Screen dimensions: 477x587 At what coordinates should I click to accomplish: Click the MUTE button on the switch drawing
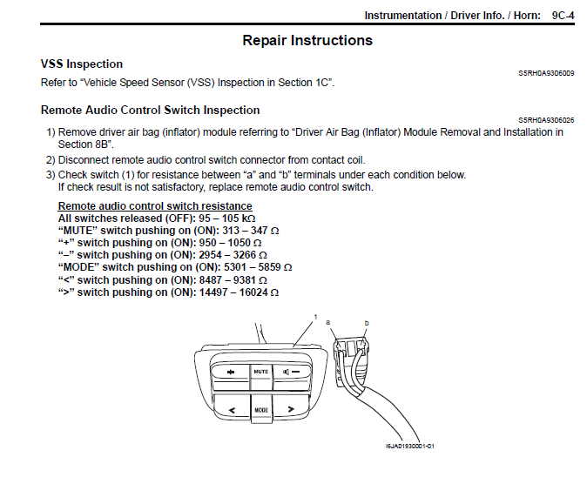[260, 372]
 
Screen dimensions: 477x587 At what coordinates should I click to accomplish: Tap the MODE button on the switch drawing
[260, 408]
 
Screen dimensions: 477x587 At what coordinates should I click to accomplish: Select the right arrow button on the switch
[290, 407]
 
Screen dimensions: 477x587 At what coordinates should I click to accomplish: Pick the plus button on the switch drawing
[229, 372]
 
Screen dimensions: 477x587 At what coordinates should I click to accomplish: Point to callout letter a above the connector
[328, 321]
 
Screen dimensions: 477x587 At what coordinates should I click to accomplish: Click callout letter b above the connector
[367, 321]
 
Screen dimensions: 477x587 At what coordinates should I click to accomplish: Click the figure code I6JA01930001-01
[410, 446]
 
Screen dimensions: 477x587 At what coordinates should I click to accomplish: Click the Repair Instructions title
[307, 41]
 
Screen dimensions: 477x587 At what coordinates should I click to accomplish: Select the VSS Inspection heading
[82, 64]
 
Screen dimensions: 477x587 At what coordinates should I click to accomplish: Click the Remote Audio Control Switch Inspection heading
[150, 111]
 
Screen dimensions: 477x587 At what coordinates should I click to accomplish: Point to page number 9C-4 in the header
[563, 16]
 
